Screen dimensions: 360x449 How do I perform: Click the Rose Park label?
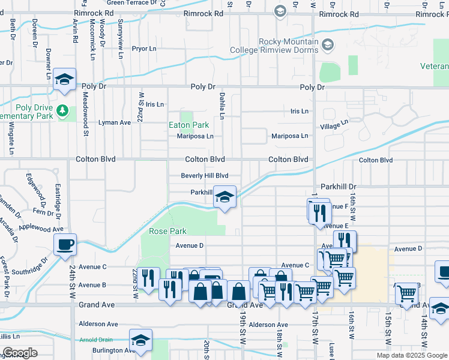coord(167,231)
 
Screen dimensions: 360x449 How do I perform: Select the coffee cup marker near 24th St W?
coord(65,245)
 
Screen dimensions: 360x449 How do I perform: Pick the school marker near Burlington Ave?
coord(140,340)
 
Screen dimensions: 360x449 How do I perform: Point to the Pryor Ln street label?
coord(144,48)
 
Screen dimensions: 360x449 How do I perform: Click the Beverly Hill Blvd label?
coord(205,176)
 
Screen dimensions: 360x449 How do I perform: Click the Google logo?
coord(20,353)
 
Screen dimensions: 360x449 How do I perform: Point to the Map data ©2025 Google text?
coord(411,355)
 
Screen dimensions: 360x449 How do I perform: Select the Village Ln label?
coord(334,125)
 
